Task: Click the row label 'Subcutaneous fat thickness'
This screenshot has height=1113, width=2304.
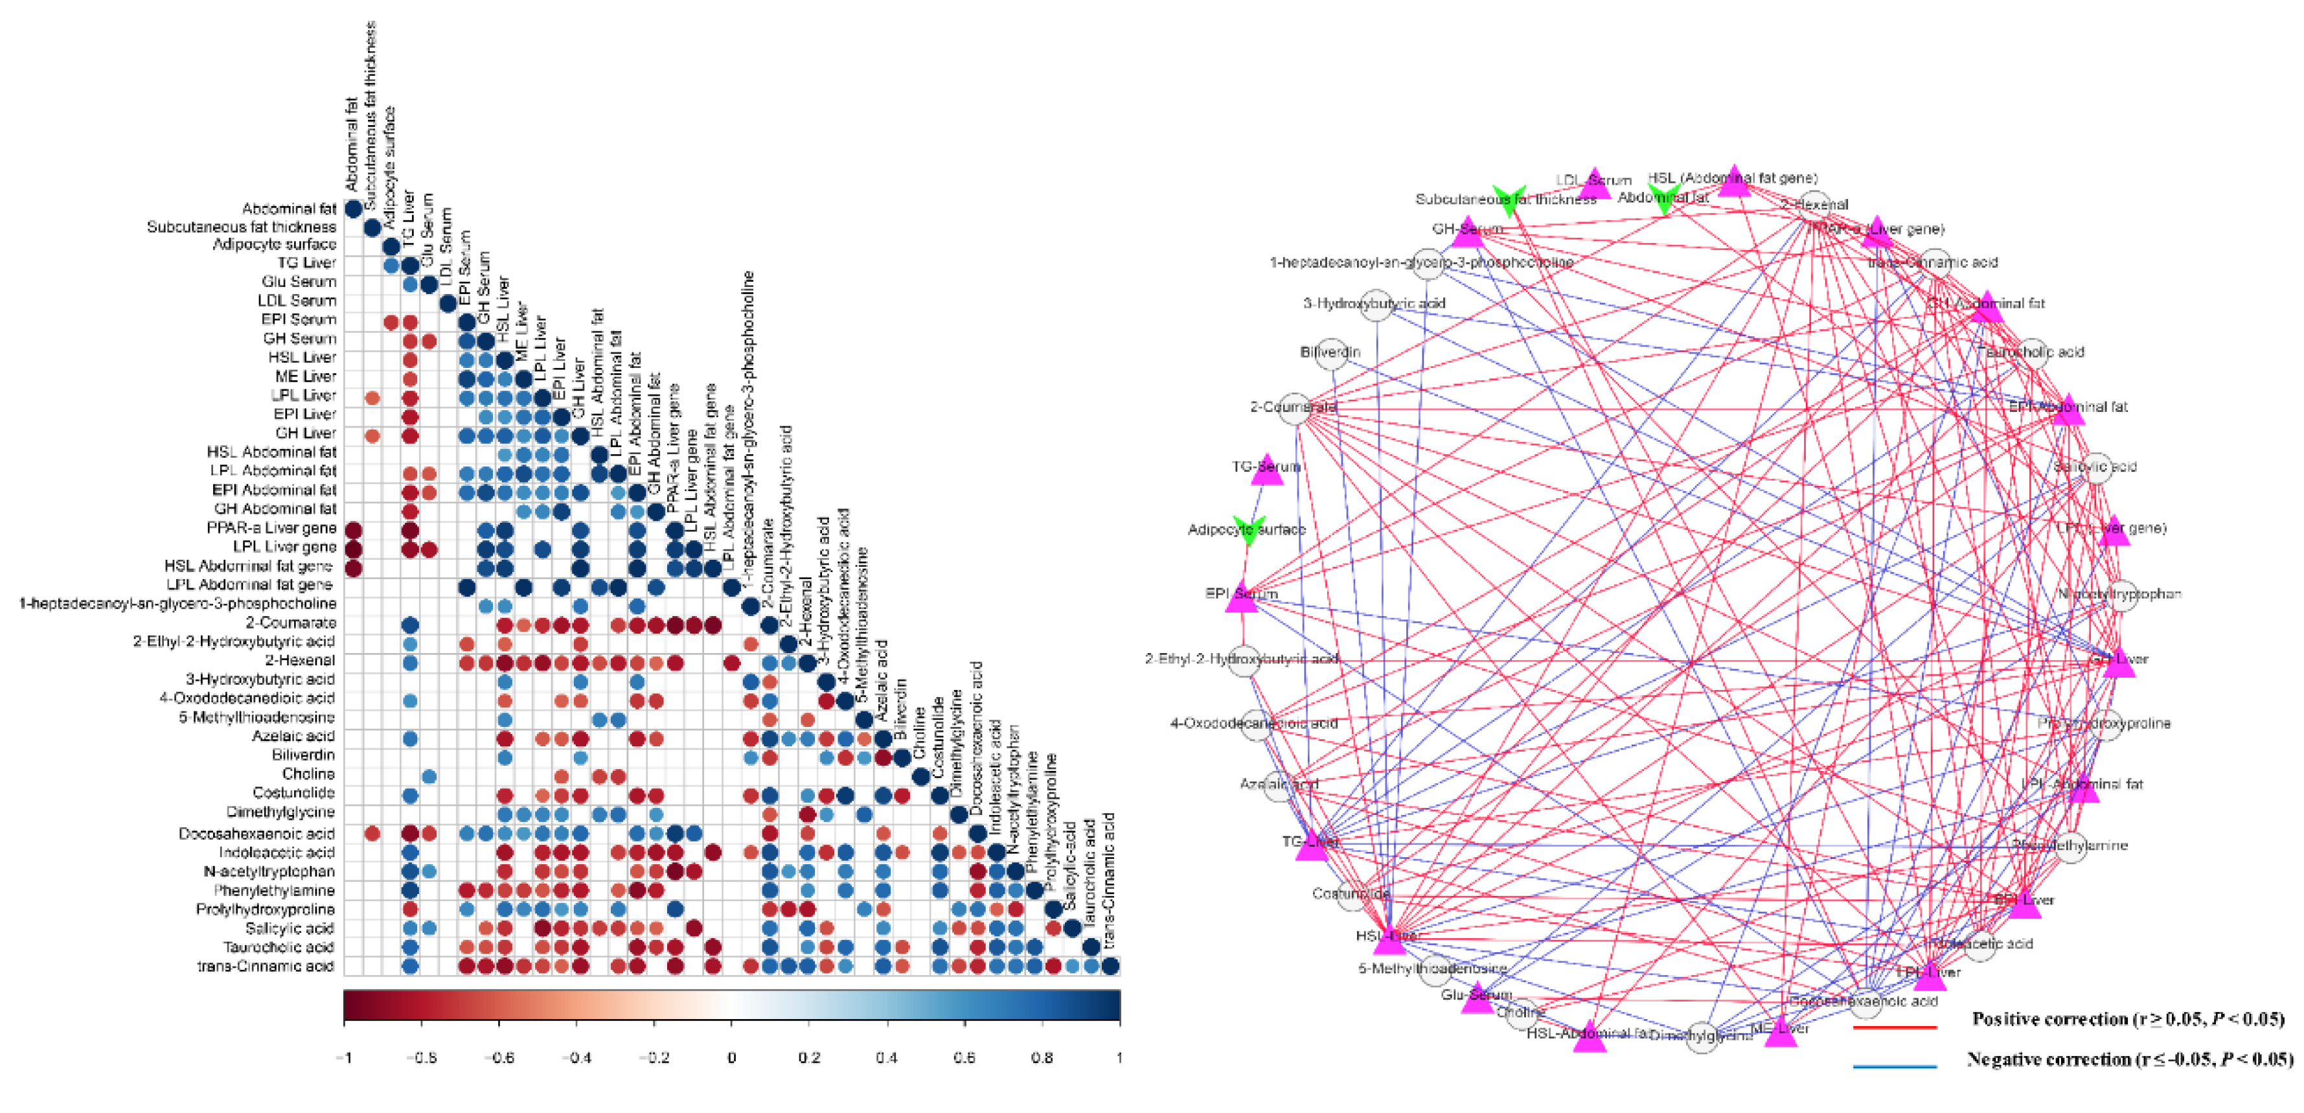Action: (x=242, y=227)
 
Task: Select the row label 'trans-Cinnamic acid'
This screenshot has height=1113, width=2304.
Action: (x=266, y=967)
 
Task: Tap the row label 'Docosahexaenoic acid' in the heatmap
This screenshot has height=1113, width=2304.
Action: (x=257, y=834)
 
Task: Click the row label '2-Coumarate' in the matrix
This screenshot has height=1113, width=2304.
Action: (x=291, y=623)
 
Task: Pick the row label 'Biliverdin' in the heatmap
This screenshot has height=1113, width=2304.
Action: (x=303, y=755)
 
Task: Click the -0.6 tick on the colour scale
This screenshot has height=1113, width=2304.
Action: (x=499, y=1057)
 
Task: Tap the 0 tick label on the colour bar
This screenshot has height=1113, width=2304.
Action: (x=732, y=1057)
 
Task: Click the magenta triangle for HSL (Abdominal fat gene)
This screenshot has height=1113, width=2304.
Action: (x=1734, y=181)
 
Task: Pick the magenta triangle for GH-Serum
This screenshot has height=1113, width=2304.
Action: (x=1468, y=233)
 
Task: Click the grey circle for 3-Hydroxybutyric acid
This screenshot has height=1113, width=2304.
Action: (x=1376, y=304)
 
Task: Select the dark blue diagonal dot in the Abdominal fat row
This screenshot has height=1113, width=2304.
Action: (x=353, y=209)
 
